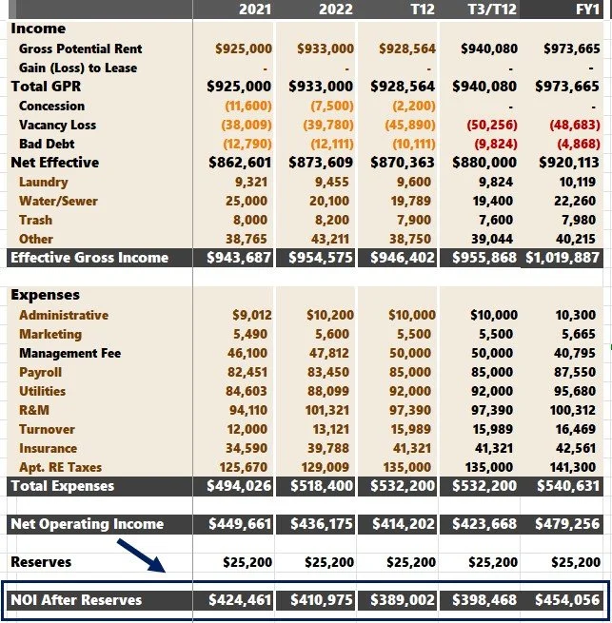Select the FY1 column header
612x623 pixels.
click(x=586, y=10)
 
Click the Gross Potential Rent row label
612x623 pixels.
click(x=80, y=49)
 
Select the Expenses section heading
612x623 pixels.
click(x=45, y=295)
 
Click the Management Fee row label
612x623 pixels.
click(x=69, y=353)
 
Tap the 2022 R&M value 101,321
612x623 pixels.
click(x=329, y=410)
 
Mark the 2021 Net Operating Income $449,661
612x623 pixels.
click(x=239, y=524)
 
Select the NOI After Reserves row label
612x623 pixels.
click(x=76, y=600)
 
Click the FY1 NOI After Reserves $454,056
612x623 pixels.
click(x=570, y=600)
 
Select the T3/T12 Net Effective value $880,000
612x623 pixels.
click(x=488, y=163)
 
